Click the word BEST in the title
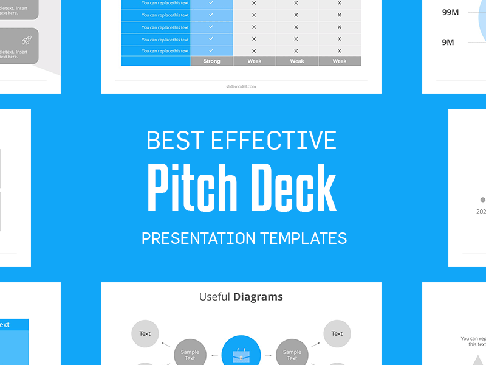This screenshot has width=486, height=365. click(175, 141)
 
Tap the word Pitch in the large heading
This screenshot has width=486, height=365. click(188, 187)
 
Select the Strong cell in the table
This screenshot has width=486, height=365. click(211, 61)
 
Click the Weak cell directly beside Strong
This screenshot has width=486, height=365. click(255, 61)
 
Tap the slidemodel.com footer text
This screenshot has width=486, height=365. click(241, 86)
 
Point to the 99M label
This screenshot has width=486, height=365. click(450, 12)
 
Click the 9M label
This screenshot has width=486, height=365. click(448, 42)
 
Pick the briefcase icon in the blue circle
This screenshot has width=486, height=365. click(241, 355)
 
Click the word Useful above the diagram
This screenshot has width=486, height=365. click(214, 297)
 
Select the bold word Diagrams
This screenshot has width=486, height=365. click(258, 297)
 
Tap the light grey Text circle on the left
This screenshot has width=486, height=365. click(145, 333)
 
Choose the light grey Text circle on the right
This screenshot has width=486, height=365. click(337, 333)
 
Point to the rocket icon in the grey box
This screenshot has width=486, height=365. click(27, 41)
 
